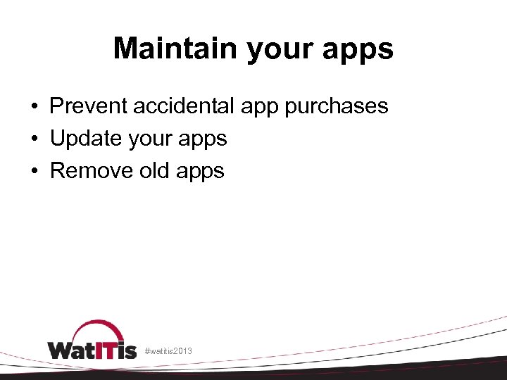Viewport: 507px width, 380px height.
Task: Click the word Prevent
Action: [x=89, y=106]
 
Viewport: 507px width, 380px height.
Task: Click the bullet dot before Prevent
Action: [x=34, y=107]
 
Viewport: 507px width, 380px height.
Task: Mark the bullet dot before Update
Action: [x=34, y=139]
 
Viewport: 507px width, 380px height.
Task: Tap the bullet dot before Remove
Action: [x=34, y=172]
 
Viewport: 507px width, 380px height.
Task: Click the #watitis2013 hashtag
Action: [x=168, y=350]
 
